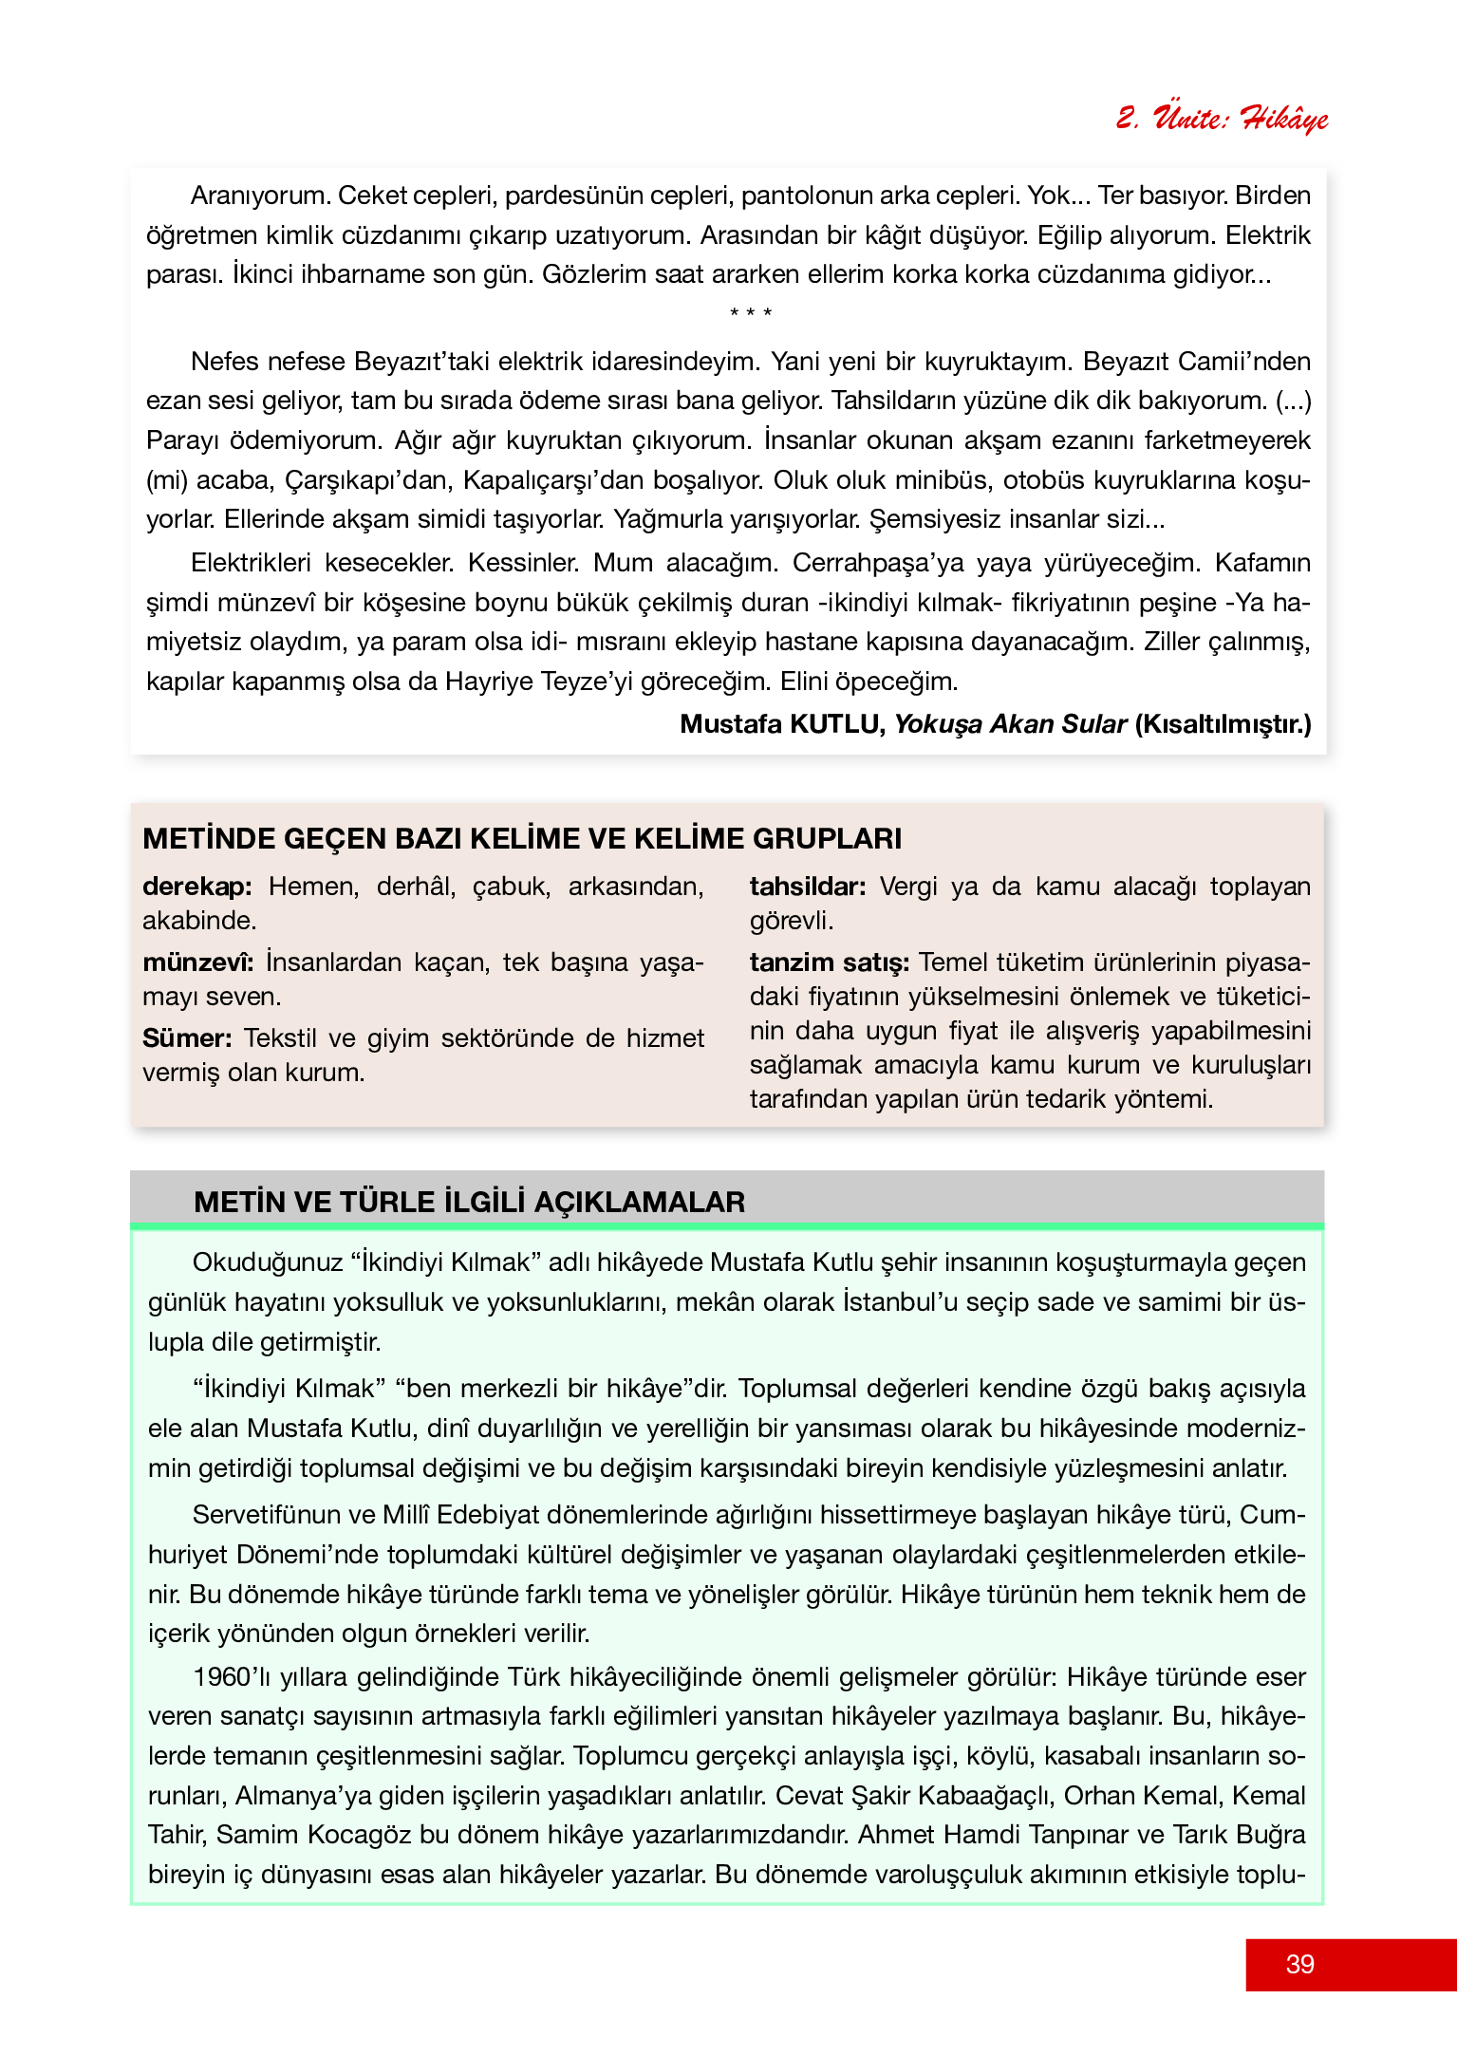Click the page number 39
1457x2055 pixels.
(x=1299, y=1964)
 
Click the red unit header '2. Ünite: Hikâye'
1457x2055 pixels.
(x=1222, y=119)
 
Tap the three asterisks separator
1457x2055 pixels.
(x=750, y=313)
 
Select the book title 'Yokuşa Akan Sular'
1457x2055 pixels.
(x=1010, y=724)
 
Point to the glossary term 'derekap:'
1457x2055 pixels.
(x=196, y=887)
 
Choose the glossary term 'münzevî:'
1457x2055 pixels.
(x=197, y=962)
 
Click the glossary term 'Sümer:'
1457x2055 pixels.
(x=187, y=1038)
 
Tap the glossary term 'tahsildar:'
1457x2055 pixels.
(x=807, y=887)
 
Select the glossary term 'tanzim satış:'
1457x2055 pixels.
(x=829, y=962)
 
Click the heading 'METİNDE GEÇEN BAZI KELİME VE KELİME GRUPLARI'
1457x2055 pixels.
(x=522, y=839)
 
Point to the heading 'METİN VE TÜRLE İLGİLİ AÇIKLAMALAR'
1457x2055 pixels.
(x=469, y=1203)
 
